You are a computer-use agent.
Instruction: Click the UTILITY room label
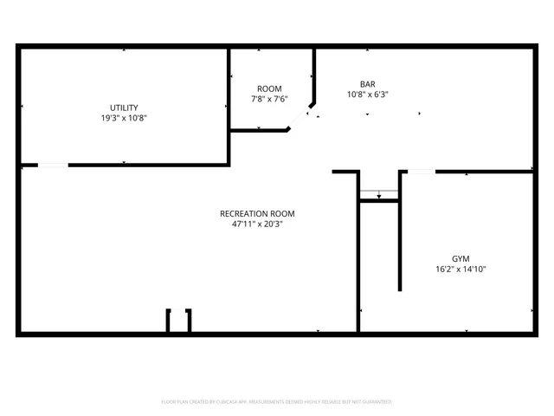coord(124,107)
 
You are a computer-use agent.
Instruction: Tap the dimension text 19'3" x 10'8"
coord(124,118)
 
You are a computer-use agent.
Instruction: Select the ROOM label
coord(269,89)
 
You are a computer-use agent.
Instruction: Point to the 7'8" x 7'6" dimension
coord(269,100)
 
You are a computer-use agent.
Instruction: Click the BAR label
coord(368,84)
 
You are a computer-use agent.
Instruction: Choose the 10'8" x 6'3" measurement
coord(368,94)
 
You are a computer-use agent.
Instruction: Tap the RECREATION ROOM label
coord(257,213)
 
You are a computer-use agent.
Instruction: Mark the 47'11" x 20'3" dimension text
coord(257,224)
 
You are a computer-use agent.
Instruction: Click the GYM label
coord(462,258)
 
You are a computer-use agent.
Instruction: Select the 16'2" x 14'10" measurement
coord(462,269)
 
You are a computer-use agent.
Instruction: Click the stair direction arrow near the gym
coord(378,194)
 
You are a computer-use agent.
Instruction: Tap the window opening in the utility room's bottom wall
coord(53,165)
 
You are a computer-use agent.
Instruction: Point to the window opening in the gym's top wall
coord(421,172)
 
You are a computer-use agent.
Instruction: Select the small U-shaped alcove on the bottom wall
coord(179,320)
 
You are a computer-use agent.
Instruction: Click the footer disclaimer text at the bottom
coord(277,402)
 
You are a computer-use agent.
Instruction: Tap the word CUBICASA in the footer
coord(228,402)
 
